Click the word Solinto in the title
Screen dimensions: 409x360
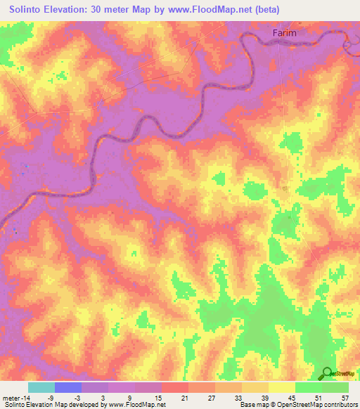point(30,10)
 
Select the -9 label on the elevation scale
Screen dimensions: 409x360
point(51,397)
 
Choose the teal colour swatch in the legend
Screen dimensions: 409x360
point(41,387)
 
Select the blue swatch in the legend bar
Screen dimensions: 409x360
point(68,387)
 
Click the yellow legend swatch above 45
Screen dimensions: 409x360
point(282,387)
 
